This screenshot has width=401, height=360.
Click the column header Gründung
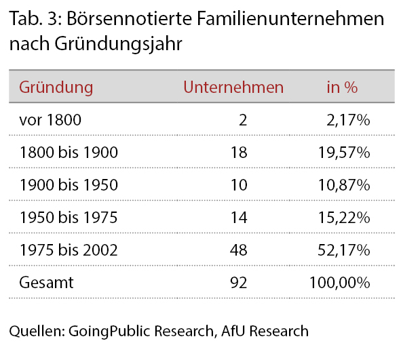coord(56,88)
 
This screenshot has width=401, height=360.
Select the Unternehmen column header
coord(233,87)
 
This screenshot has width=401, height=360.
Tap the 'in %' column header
coord(342,87)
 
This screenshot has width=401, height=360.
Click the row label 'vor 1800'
coord(50,119)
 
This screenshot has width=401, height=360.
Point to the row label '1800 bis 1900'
coord(69,153)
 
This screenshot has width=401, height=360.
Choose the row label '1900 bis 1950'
coord(69,184)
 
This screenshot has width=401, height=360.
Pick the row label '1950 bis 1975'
coord(69,218)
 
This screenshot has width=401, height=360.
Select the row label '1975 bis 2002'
coord(69,250)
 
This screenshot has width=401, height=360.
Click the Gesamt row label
coord(46,283)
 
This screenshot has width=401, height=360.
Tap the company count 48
coord(239,250)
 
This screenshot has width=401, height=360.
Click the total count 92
coord(239,283)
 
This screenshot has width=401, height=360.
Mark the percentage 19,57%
coord(344,153)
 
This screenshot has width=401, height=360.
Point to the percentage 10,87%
coord(344,185)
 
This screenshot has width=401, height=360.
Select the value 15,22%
coord(344,218)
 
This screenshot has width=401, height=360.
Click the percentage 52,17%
coord(344,250)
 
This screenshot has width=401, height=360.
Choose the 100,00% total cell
coord(340,283)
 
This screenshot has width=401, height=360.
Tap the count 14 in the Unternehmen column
coord(239,218)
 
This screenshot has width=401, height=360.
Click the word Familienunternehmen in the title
coord(290,18)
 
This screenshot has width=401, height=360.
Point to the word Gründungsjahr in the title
coord(119,43)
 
